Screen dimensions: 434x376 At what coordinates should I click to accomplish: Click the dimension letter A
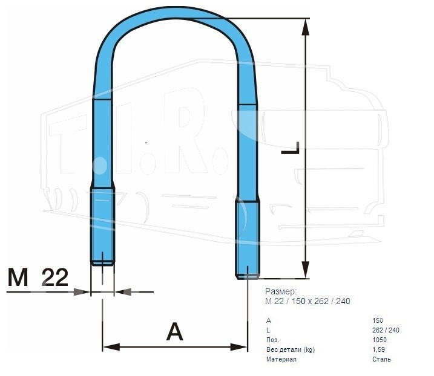click(x=175, y=332)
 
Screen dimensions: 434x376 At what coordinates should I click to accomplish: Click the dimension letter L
click(x=291, y=148)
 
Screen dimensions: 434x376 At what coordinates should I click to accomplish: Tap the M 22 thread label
click(x=38, y=277)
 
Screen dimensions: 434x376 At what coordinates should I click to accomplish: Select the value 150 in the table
click(x=378, y=320)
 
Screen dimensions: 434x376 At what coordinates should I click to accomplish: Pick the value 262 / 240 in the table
click(x=386, y=330)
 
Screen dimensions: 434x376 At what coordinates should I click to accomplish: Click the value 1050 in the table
click(x=380, y=340)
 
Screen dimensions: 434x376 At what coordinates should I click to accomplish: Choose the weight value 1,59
click(x=379, y=349)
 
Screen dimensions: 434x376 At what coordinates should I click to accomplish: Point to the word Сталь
click(x=382, y=359)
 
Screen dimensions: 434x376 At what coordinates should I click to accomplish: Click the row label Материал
click(x=281, y=359)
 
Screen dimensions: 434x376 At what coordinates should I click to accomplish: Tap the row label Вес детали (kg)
click(x=291, y=350)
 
